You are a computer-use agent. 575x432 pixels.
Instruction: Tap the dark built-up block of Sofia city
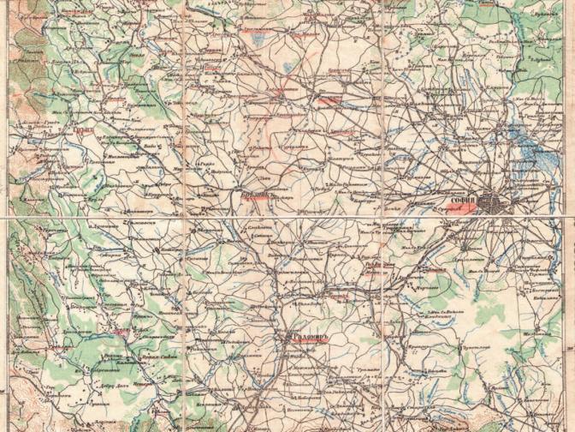point(494,203)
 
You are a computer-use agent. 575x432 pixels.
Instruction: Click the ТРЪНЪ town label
point(82,132)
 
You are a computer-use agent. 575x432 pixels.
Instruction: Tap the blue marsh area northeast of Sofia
point(524,146)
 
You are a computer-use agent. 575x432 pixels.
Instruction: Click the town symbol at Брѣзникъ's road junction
point(240,204)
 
